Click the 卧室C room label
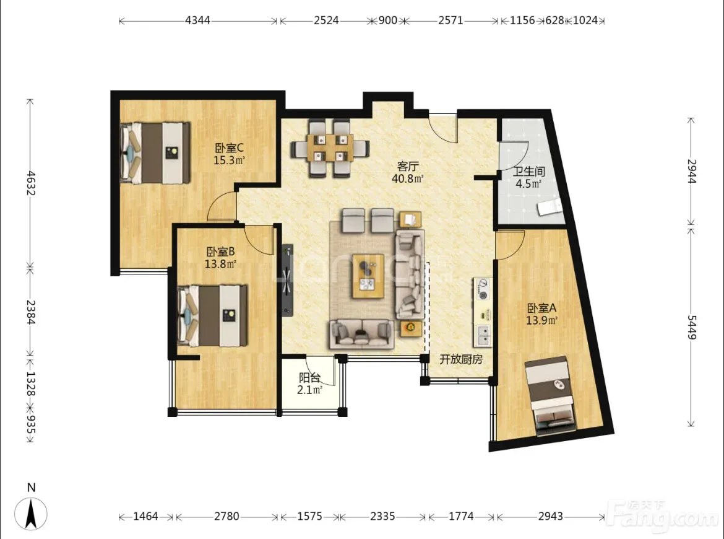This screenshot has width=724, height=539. (230, 148)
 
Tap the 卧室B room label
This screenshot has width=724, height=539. (221, 252)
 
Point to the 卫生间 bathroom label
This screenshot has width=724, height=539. (529, 172)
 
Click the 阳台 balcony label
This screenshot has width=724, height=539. (309, 378)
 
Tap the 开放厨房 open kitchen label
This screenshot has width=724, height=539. (461, 359)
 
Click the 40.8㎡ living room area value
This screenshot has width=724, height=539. (408, 178)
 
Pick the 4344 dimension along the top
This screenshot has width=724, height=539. (197, 20)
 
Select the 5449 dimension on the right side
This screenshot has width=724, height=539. (691, 327)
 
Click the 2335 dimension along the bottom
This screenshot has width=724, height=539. (382, 516)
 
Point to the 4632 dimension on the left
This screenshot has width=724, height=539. (30, 183)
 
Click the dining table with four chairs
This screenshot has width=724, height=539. (330, 149)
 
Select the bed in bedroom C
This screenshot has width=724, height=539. (155, 152)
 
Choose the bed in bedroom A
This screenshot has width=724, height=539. (550, 396)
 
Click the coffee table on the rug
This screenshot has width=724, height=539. (368, 276)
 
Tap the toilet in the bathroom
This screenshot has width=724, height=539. (549, 207)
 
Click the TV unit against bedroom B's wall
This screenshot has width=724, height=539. (287, 280)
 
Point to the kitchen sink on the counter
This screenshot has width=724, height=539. (483, 336)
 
